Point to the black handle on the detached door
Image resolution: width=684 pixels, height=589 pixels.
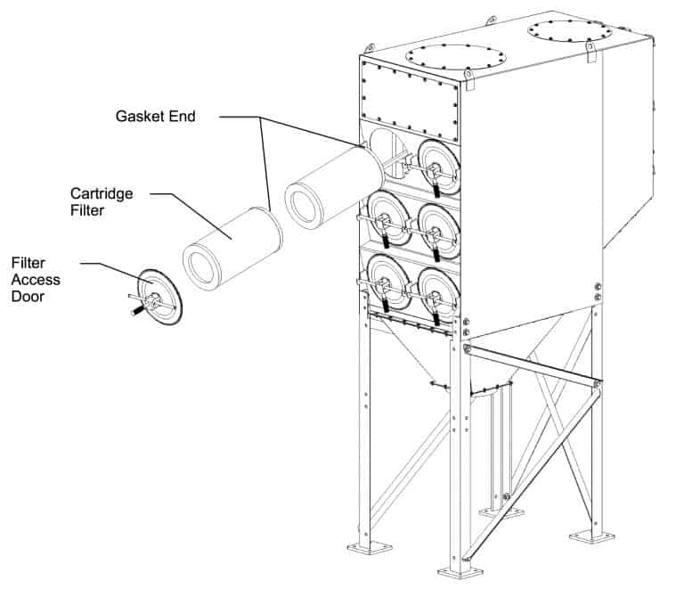click(137, 310)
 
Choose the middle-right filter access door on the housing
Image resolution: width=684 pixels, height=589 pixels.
click(436, 230)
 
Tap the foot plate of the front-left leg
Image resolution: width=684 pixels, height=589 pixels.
click(365, 546)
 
